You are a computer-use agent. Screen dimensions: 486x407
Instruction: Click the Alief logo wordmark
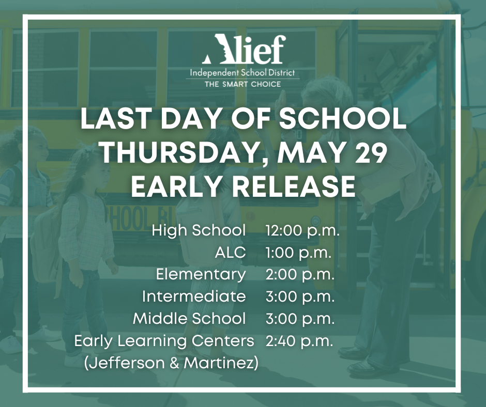tap(244, 49)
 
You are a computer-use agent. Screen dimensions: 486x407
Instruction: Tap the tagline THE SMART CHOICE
tap(242, 84)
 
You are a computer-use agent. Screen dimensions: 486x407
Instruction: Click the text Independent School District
tap(242, 73)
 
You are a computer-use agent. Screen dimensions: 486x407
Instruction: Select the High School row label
tap(199, 230)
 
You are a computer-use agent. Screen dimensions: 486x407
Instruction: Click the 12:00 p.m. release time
tap(302, 231)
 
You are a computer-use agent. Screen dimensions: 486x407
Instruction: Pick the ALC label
tap(230, 253)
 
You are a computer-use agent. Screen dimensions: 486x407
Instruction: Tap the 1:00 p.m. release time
tap(298, 253)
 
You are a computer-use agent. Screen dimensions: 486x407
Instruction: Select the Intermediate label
tap(194, 297)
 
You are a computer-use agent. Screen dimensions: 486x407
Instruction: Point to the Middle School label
tap(189, 319)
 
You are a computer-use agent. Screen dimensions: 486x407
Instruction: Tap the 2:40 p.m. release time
tap(299, 341)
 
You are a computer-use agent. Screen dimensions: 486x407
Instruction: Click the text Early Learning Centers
tap(164, 341)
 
